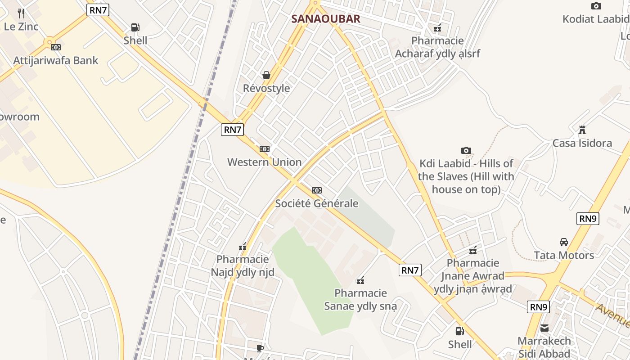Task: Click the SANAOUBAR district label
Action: coord(326,19)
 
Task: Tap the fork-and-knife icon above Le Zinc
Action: coord(21,13)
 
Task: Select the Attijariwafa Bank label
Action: coord(55,60)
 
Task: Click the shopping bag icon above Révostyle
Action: coord(266,75)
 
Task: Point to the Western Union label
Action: coord(264,162)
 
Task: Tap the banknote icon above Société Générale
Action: coord(317,190)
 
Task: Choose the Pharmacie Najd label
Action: coord(243,265)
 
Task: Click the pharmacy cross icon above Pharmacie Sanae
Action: coord(360,281)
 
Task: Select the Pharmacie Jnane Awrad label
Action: coord(473,276)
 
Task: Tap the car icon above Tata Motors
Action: coord(563,242)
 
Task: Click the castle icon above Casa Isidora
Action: coord(582,130)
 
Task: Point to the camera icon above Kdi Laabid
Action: coord(466,150)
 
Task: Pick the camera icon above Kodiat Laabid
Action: coord(596,6)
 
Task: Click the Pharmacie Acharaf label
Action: coord(437,47)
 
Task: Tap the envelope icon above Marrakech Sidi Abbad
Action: coord(544,328)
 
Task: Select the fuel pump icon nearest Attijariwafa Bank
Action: coord(135,27)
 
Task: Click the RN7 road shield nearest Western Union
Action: coord(233,130)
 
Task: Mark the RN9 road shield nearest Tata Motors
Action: coord(588,219)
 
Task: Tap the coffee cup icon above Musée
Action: coord(260,348)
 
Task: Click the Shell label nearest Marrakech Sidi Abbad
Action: coord(460,344)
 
